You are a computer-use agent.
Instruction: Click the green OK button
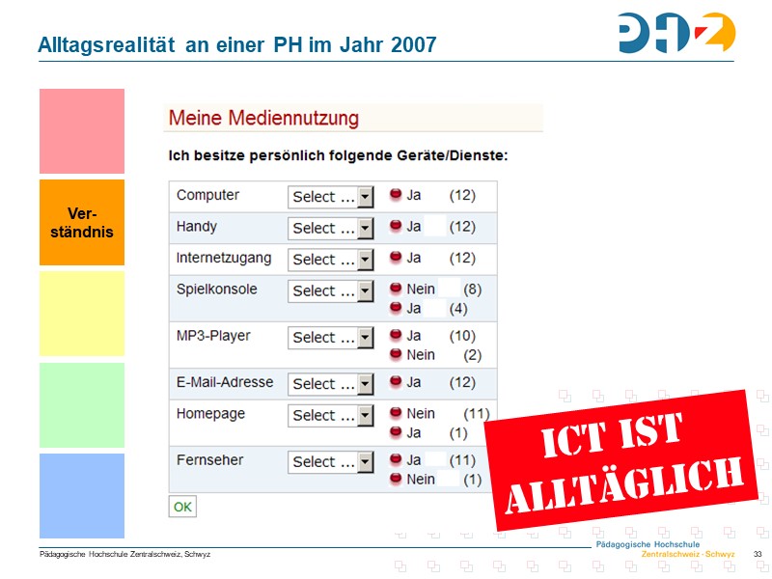(x=182, y=506)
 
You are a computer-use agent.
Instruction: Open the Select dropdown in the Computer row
(x=330, y=197)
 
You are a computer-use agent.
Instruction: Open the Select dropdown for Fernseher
(x=330, y=462)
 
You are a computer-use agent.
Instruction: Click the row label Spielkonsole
(x=217, y=289)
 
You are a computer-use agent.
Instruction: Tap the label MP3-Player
(x=213, y=336)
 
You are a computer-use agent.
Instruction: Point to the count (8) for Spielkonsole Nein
(x=472, y=289)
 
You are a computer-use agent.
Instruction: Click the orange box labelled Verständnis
(x=82, y=222)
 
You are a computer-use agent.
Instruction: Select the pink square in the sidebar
(x=82, y=131)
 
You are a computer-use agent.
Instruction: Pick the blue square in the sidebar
(x=82, y=495)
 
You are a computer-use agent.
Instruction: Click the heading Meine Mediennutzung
(x=263, y=119)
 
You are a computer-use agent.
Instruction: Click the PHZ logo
(x=676, y=33)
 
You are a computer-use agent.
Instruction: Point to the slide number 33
(x=758, y=554)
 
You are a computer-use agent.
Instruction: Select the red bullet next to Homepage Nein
(x=396, y=414)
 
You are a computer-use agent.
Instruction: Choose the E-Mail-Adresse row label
(x=225, y=382)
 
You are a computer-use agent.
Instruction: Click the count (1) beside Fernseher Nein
(x=472, y=479)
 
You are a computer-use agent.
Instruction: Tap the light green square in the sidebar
(x=82, y=404)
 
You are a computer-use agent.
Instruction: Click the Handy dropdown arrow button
(x=365, y=229)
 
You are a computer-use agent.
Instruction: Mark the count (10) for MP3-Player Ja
(x=463, y=336)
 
